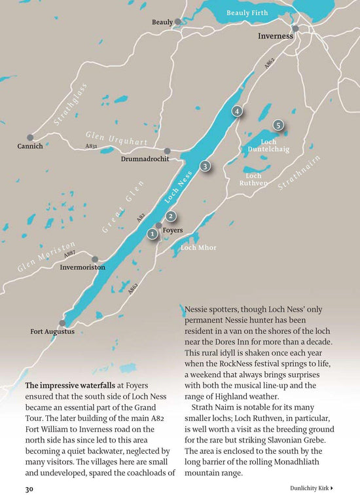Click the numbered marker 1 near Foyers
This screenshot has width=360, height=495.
coord(152,233)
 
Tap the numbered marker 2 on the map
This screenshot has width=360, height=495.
coord(171,216)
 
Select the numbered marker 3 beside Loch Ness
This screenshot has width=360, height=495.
coord(205,167)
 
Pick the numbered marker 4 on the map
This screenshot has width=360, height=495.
coord(237,111)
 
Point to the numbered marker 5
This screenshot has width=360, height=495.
coord(278,124)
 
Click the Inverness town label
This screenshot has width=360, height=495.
coord(275,37)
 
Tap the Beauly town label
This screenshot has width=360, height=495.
coord(162,22)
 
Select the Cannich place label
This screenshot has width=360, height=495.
coord(30,146)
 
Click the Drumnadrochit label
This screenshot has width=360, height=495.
coord(145,159)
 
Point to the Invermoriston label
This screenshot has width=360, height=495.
coord(82,268)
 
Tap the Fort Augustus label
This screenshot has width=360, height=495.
coord(52,332)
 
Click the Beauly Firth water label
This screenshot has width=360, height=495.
coord(247,13)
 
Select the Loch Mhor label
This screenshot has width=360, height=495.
coord(198,247)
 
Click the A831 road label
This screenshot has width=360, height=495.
coord(92,147)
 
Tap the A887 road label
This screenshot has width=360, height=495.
coord(69,253)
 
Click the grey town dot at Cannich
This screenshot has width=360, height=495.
coord(30,137)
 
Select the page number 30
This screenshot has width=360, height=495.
coord(29,488)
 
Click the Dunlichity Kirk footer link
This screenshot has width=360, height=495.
coord(312,488)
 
